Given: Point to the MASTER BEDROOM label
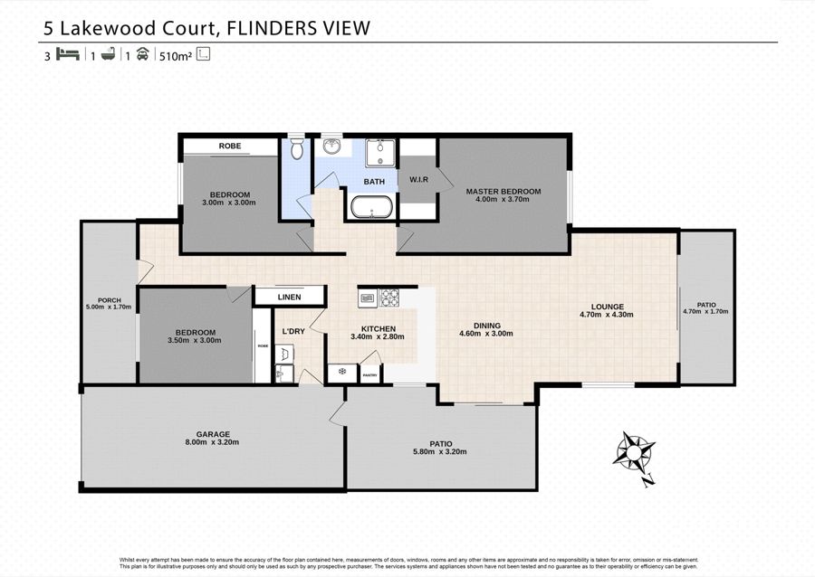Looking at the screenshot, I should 503,192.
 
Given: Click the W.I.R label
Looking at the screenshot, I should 417,179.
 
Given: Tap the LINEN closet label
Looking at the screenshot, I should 289,296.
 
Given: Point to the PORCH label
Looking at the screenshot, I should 109,300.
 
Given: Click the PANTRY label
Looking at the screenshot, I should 369,374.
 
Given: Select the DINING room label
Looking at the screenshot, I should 486,326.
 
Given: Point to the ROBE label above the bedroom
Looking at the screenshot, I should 229,146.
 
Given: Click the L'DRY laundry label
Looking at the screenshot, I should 292,331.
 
